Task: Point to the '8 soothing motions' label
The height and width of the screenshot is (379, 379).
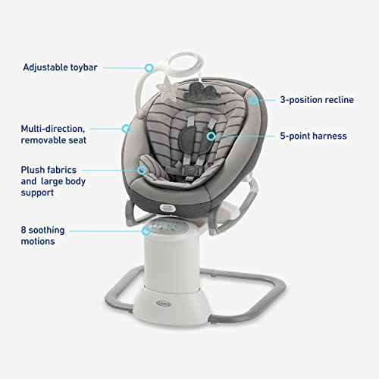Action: click(49, 234)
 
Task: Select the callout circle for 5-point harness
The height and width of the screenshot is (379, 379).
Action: click(211, 137)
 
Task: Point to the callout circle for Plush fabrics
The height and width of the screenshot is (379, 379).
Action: click(140, 171)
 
